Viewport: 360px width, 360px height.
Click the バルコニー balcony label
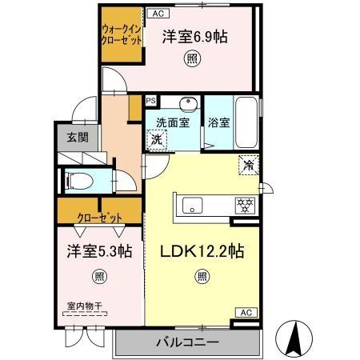point(186,343)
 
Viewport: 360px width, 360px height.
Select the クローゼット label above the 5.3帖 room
point(100,217)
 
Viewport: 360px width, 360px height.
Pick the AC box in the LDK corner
point(245,312)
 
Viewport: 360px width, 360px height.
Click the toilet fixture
point(80,180)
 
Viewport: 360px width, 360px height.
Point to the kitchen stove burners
point(243,206)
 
